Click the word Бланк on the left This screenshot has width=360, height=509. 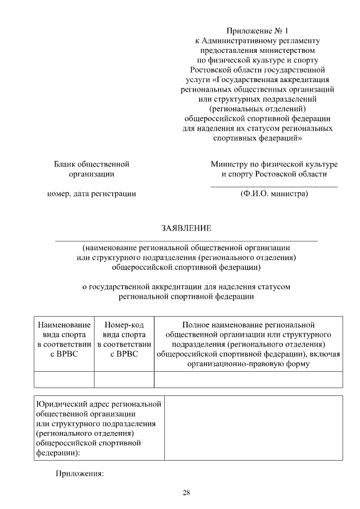(x=65, y=164)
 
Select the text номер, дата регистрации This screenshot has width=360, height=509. (x=91, y=194)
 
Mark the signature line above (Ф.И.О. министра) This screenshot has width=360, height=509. (x=274, y=186)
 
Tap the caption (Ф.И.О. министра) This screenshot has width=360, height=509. (x=274, y=194)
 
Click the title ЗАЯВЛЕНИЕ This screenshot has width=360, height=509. (x=186, y=228)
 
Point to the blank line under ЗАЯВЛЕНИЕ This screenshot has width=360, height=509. (x=186, y=241)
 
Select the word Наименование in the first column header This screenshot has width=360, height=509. (x=64, y=325)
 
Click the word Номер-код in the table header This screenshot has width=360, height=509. (x=124, y=325)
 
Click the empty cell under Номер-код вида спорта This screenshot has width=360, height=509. (x=124, y=380)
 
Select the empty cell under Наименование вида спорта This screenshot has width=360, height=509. (x=64, y=380)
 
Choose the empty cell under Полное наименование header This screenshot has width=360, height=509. (x=248, y=380)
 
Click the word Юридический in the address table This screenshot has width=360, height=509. (x=58, y=404)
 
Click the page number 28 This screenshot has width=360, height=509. (x=186, y=493)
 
